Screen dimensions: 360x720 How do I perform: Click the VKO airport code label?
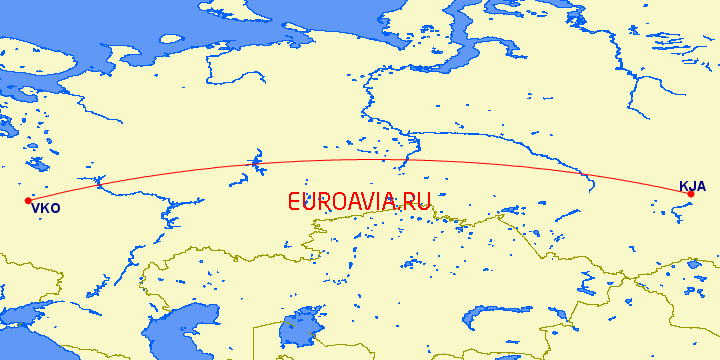click(46, 209)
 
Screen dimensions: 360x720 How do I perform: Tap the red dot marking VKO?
click(28, 201)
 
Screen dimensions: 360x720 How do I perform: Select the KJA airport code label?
click(692, 186)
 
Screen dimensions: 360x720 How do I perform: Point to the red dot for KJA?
click(691, 194)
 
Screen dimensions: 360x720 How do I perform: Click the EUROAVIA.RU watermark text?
click(358, 202)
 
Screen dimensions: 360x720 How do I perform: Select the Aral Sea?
click(297, 327)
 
